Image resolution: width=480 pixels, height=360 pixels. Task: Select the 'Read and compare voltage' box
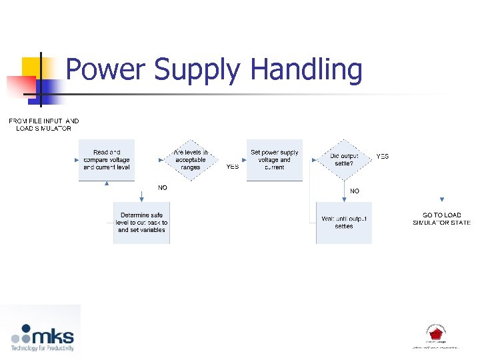[107, 160]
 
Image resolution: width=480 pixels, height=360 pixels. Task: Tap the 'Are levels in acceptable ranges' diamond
[191, 160]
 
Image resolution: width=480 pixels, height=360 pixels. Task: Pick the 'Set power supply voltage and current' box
[274, 160]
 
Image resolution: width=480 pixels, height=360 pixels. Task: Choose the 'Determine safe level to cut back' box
[141, 223]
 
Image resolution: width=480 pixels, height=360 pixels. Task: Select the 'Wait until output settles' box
[344, 223]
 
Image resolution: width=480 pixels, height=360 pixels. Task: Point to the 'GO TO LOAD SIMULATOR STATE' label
[441, 219]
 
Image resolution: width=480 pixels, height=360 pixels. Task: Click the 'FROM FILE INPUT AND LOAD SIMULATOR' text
[43, 125]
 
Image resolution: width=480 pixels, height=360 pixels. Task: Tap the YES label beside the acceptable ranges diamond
[233, 167]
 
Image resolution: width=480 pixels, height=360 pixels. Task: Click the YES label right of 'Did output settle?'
[383, 157]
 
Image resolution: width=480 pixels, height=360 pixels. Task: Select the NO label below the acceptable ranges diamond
[163, 188]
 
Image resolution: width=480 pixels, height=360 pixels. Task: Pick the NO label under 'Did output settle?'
[355, 191]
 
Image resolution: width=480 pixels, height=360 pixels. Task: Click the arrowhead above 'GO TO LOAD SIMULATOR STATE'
[441, 199]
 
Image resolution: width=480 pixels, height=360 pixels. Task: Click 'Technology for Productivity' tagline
[42, 348]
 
